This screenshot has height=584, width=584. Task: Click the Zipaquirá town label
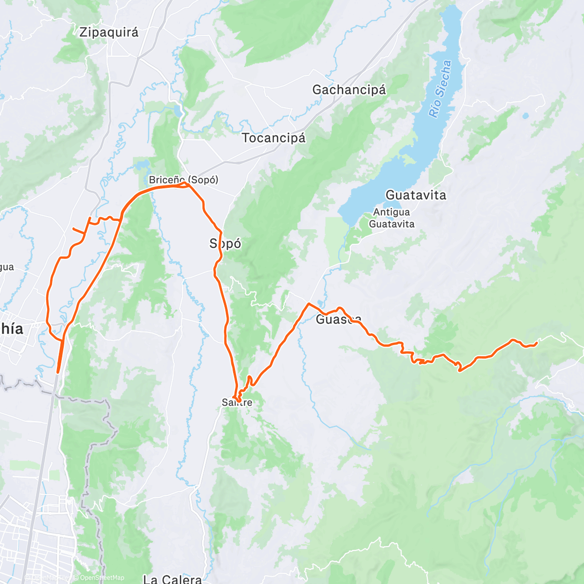click(109, 32)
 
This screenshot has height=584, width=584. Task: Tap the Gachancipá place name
click(349, 90)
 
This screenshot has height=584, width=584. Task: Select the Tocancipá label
click(274, 138)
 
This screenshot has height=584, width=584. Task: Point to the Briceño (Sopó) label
click(183, 180)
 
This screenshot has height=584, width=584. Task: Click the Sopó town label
click(225, 243)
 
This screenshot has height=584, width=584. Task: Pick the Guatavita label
click(416, 195)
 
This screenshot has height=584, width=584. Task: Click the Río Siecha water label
click(440, 89)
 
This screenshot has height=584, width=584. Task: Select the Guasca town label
click(339, 319)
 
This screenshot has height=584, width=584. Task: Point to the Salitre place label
click(237, 402)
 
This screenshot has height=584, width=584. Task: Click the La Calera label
click(172, 579)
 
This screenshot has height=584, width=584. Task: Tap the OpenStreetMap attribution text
click(102, 578)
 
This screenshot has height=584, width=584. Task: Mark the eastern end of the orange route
click(536, 344)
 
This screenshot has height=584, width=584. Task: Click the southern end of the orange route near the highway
click(58, 372)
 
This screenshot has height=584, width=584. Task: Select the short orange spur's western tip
click(73, 228)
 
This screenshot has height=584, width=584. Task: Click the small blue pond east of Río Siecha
click(525, 116)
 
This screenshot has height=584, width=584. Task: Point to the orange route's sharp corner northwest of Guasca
click(308, 304)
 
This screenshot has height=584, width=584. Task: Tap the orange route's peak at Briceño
click(185, 183)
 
